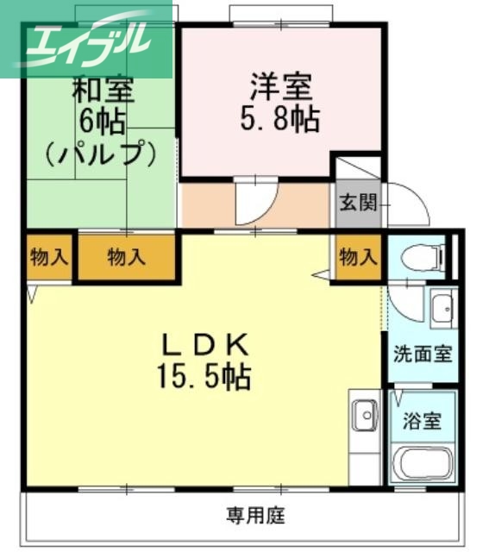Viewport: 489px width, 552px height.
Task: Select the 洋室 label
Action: (281, 87)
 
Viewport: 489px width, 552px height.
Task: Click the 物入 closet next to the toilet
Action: (358, 256)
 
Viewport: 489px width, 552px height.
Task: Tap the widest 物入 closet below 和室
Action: (127, 256)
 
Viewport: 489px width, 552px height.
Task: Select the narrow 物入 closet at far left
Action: (48, 256)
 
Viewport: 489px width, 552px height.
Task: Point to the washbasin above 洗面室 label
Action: (442, 307)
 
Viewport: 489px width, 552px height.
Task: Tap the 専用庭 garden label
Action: (255, 517)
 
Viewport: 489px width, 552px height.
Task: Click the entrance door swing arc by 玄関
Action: (404, 205)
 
